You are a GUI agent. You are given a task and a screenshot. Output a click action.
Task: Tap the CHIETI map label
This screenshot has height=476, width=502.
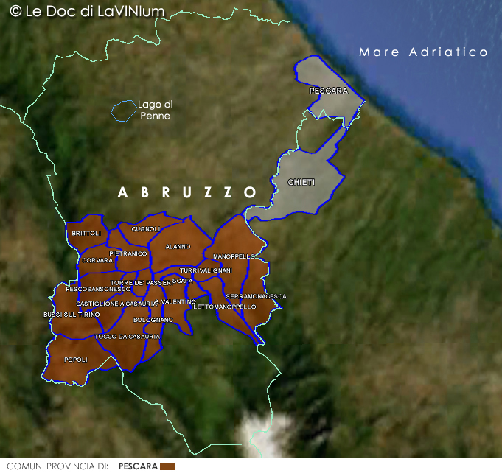click(x=301, y=182)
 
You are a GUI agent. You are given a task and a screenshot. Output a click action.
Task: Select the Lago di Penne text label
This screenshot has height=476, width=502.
click(x=155, y=110)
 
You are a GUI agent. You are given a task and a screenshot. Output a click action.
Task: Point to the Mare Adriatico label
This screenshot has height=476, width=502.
click(x=423, y=52)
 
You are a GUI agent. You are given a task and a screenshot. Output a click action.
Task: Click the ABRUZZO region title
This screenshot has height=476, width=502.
click(x=187, y=192)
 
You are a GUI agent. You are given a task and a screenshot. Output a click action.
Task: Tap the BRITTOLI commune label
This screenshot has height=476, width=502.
click(x=86, y=233)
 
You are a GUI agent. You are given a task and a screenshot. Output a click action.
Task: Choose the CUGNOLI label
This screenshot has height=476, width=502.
click(x=146, y=229)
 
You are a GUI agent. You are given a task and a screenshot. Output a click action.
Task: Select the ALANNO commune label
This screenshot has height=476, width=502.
click(x=178, y=246)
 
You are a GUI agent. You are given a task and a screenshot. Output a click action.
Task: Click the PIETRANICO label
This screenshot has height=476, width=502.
click(x=128, y=253)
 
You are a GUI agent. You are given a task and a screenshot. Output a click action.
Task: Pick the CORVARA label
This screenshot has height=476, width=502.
click(x=97, y=260)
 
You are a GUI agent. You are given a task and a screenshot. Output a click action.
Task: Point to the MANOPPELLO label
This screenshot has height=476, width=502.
click(x=234, y=256)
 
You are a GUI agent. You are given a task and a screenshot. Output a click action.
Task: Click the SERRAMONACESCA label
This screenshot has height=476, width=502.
click(x=256, y=296)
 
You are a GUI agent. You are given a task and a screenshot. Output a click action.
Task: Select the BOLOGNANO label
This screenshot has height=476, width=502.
click(x=153, y=320)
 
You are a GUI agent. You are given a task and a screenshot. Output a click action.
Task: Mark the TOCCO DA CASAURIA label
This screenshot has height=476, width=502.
click(x=128, y=337)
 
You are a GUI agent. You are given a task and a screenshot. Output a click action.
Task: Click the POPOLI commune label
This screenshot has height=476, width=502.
click(x=76, y=360)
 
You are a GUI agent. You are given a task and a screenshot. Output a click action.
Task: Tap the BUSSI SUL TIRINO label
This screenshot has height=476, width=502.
click(x=72, y=315)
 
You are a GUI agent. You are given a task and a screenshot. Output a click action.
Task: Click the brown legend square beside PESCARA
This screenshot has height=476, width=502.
click(x=167, y=466)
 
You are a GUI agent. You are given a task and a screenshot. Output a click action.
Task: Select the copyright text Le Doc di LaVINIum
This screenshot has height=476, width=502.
click(x=88, y=11)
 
